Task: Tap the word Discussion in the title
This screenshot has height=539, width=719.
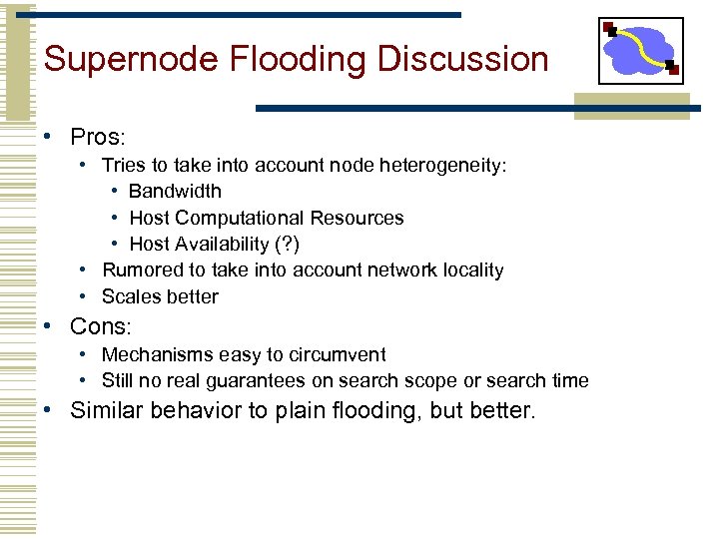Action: click(x=465, y=59)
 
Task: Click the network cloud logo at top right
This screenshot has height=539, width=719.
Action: click(x=641, y=50)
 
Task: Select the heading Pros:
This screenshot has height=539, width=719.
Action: click(x=95, y=136)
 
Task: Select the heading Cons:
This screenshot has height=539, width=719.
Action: click(x=101, y=326)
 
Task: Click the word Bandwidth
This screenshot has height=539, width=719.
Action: click(x=175, y=191)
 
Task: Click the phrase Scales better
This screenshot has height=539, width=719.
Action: click(x=160, y=296)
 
